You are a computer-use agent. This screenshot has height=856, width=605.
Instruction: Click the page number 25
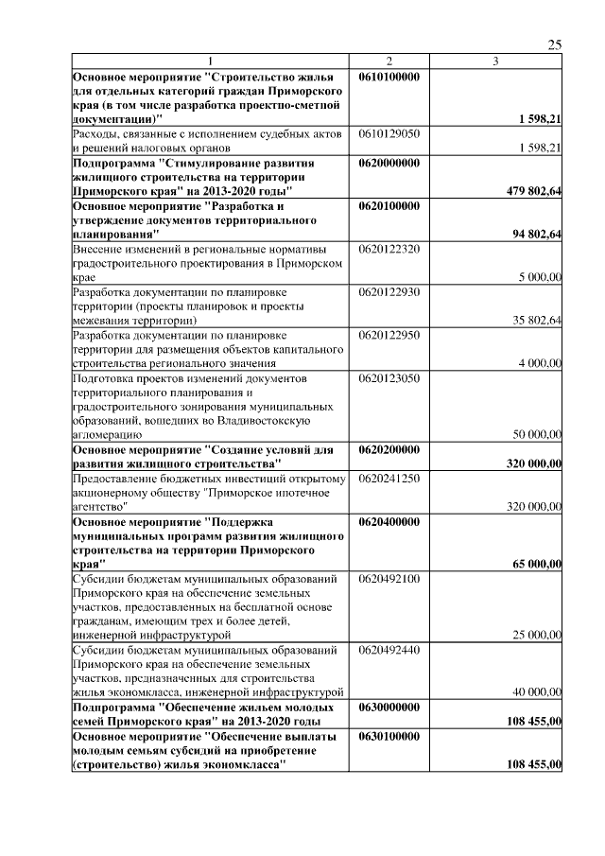coord(555,44)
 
